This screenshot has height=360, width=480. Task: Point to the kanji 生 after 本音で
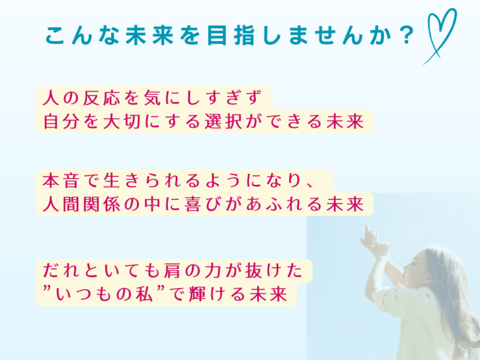click(x=112, y=181)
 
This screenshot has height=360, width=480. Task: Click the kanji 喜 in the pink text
click(x=193, y=204)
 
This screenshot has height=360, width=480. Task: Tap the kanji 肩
click(x=172, y=271)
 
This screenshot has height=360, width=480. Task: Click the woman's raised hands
click(x=374, y=239)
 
